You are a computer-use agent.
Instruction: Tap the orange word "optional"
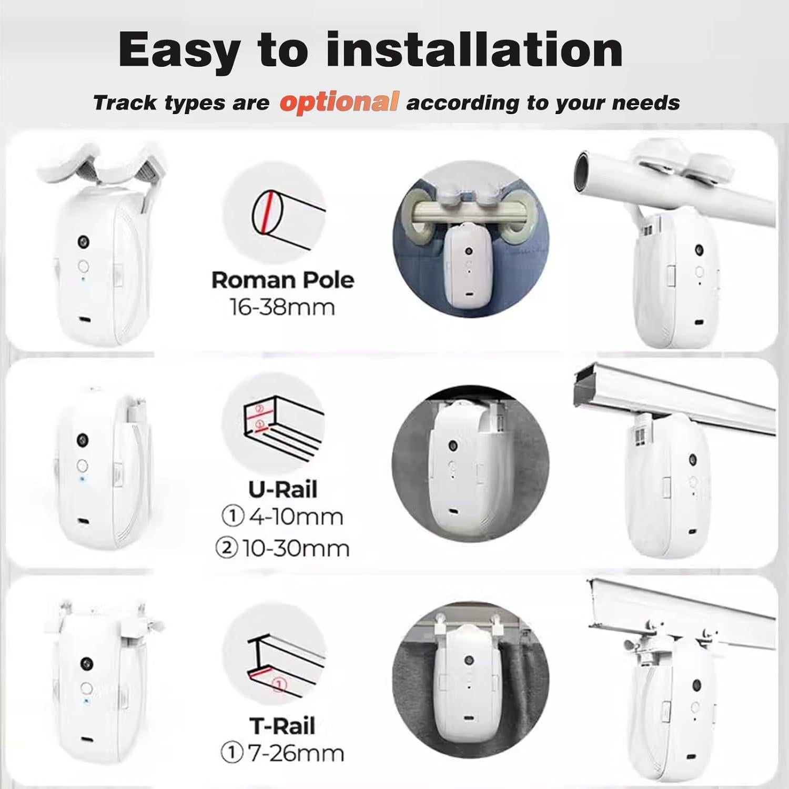tap(339, 102)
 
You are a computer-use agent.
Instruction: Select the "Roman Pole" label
tap(282, 280)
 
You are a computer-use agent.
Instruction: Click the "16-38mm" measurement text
tap(282, 307)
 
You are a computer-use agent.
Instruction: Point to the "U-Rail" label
tap(283, 490)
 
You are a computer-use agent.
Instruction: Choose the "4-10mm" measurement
tap(296, 517)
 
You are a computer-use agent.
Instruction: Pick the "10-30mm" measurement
tap(296, 549)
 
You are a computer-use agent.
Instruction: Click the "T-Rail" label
tap(282, 726)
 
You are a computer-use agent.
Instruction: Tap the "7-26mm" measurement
tap(296, 754)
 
